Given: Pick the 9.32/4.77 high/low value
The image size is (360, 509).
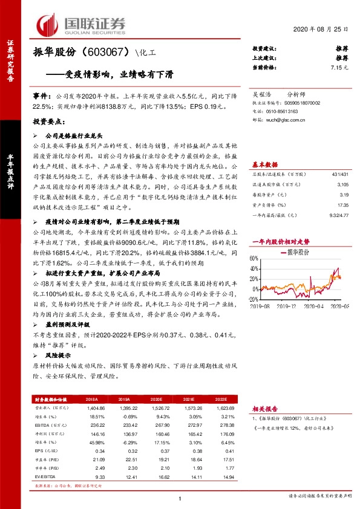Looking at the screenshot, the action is point(337,215).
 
